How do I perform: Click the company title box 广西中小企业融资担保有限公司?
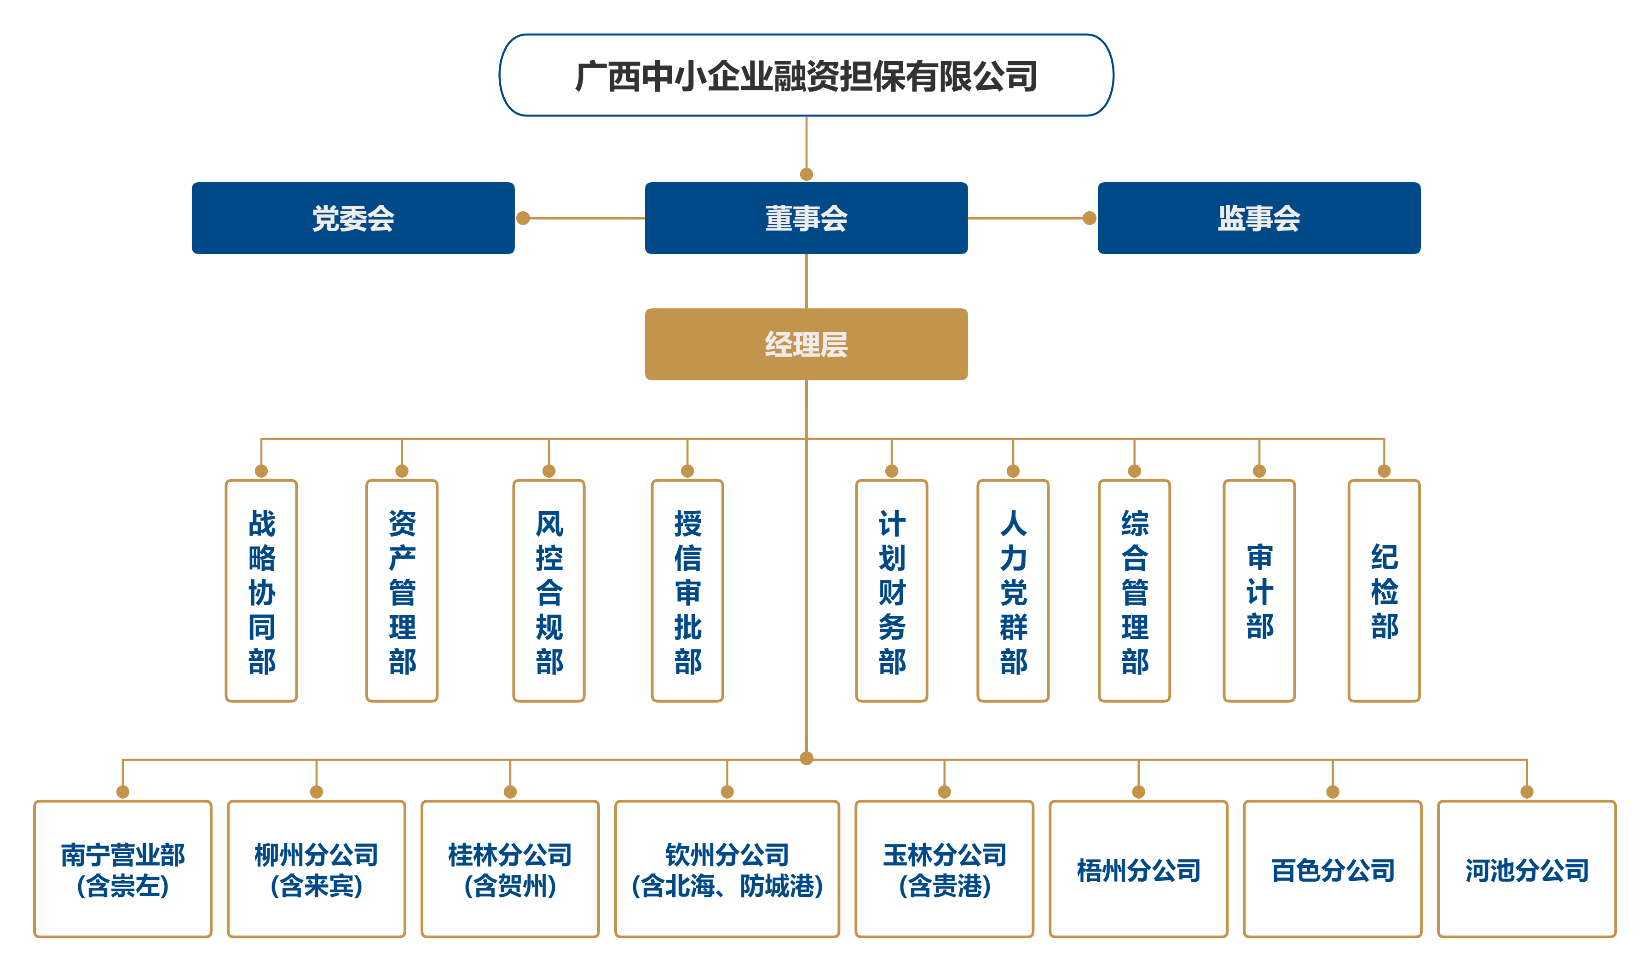806,75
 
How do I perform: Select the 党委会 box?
353,218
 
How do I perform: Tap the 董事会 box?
806,218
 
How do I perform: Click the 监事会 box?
1258,218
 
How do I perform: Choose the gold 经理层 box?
806,344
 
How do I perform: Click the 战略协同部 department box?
261,590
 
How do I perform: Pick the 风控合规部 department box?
548,590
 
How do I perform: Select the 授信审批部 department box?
687,590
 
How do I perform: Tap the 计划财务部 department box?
891,590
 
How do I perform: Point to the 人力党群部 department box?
1013,590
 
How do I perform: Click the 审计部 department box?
1259,590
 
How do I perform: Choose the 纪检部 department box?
1384,590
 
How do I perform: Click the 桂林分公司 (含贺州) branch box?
510,869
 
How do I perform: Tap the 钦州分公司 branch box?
727,869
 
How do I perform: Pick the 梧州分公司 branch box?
1139,869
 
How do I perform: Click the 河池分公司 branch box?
1526,869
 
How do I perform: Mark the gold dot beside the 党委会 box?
523,218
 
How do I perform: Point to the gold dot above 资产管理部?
402,471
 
